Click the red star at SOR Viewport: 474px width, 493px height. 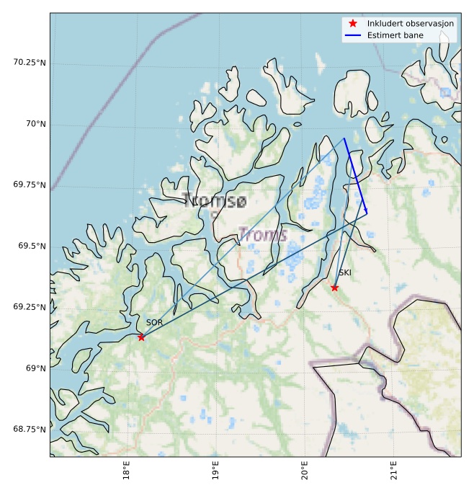[x=141, y=337]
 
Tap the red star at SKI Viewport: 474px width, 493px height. [x=334, y=288]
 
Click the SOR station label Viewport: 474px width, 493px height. [x=154, y=323]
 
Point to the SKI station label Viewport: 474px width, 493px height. [x=345, y=273]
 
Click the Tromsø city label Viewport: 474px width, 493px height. [x=215, y=201]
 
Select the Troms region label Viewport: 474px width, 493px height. [x=263, y=235]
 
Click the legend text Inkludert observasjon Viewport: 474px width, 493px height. [x=411, y=24]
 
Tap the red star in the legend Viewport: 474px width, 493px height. [x=352, y=24]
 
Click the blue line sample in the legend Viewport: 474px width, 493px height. [x=352, y=35]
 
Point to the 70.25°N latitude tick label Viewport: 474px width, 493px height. [x=30, y=63]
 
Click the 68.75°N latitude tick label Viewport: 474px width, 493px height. [x=30, y=430]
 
